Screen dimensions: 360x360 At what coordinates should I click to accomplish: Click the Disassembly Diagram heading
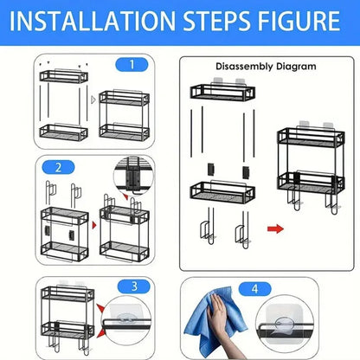click(x=266, y=66)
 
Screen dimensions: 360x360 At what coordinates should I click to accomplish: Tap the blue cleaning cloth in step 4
click(x=219, y=323)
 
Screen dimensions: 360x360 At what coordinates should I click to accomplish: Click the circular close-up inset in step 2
click(x=133, y=177)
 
